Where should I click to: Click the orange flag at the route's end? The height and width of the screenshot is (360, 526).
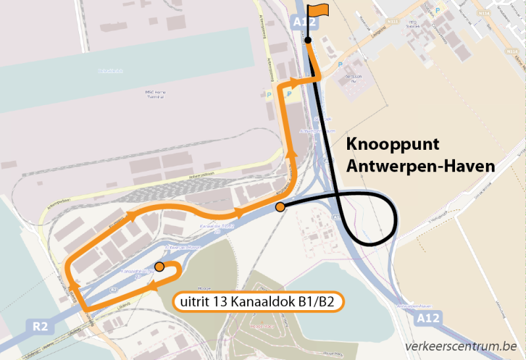[x=319, y=9]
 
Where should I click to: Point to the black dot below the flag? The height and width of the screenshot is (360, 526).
[x=308, y=41]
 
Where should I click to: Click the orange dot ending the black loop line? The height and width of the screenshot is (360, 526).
[x=280, y=208]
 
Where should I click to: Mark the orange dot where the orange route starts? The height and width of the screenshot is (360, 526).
[x=159, y=267]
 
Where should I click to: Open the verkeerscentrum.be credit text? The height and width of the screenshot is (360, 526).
[x=460, y=346]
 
